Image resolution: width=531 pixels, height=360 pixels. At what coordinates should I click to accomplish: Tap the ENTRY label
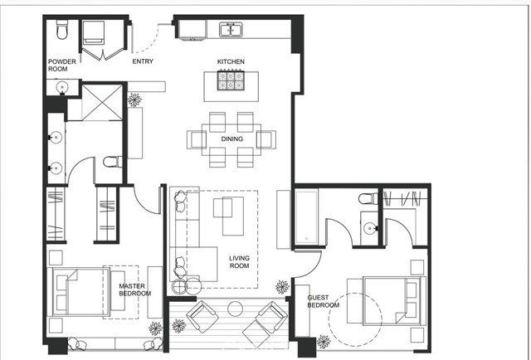tap(144, 61)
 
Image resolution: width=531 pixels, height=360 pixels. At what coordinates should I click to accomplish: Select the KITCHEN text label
tap(231, 62)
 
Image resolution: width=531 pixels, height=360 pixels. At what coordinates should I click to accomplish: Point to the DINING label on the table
tap(232, 139)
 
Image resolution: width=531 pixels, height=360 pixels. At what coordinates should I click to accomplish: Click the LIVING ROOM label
tap(239, 262)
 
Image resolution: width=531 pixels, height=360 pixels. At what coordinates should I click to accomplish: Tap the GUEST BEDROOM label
tap(324, 301)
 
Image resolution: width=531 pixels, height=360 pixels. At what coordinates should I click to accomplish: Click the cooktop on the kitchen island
tap(231, 80)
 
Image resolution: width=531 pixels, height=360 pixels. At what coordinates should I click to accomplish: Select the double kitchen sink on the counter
tap(231, 30)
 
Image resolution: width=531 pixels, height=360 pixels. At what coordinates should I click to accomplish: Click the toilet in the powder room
tap(60, 31)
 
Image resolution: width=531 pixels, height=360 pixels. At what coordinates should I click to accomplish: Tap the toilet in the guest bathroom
tap(368, 200)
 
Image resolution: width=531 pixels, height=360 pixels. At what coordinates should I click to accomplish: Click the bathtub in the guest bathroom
tap(305, 218)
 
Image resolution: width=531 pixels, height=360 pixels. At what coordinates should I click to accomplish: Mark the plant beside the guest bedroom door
tap(283, 287)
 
